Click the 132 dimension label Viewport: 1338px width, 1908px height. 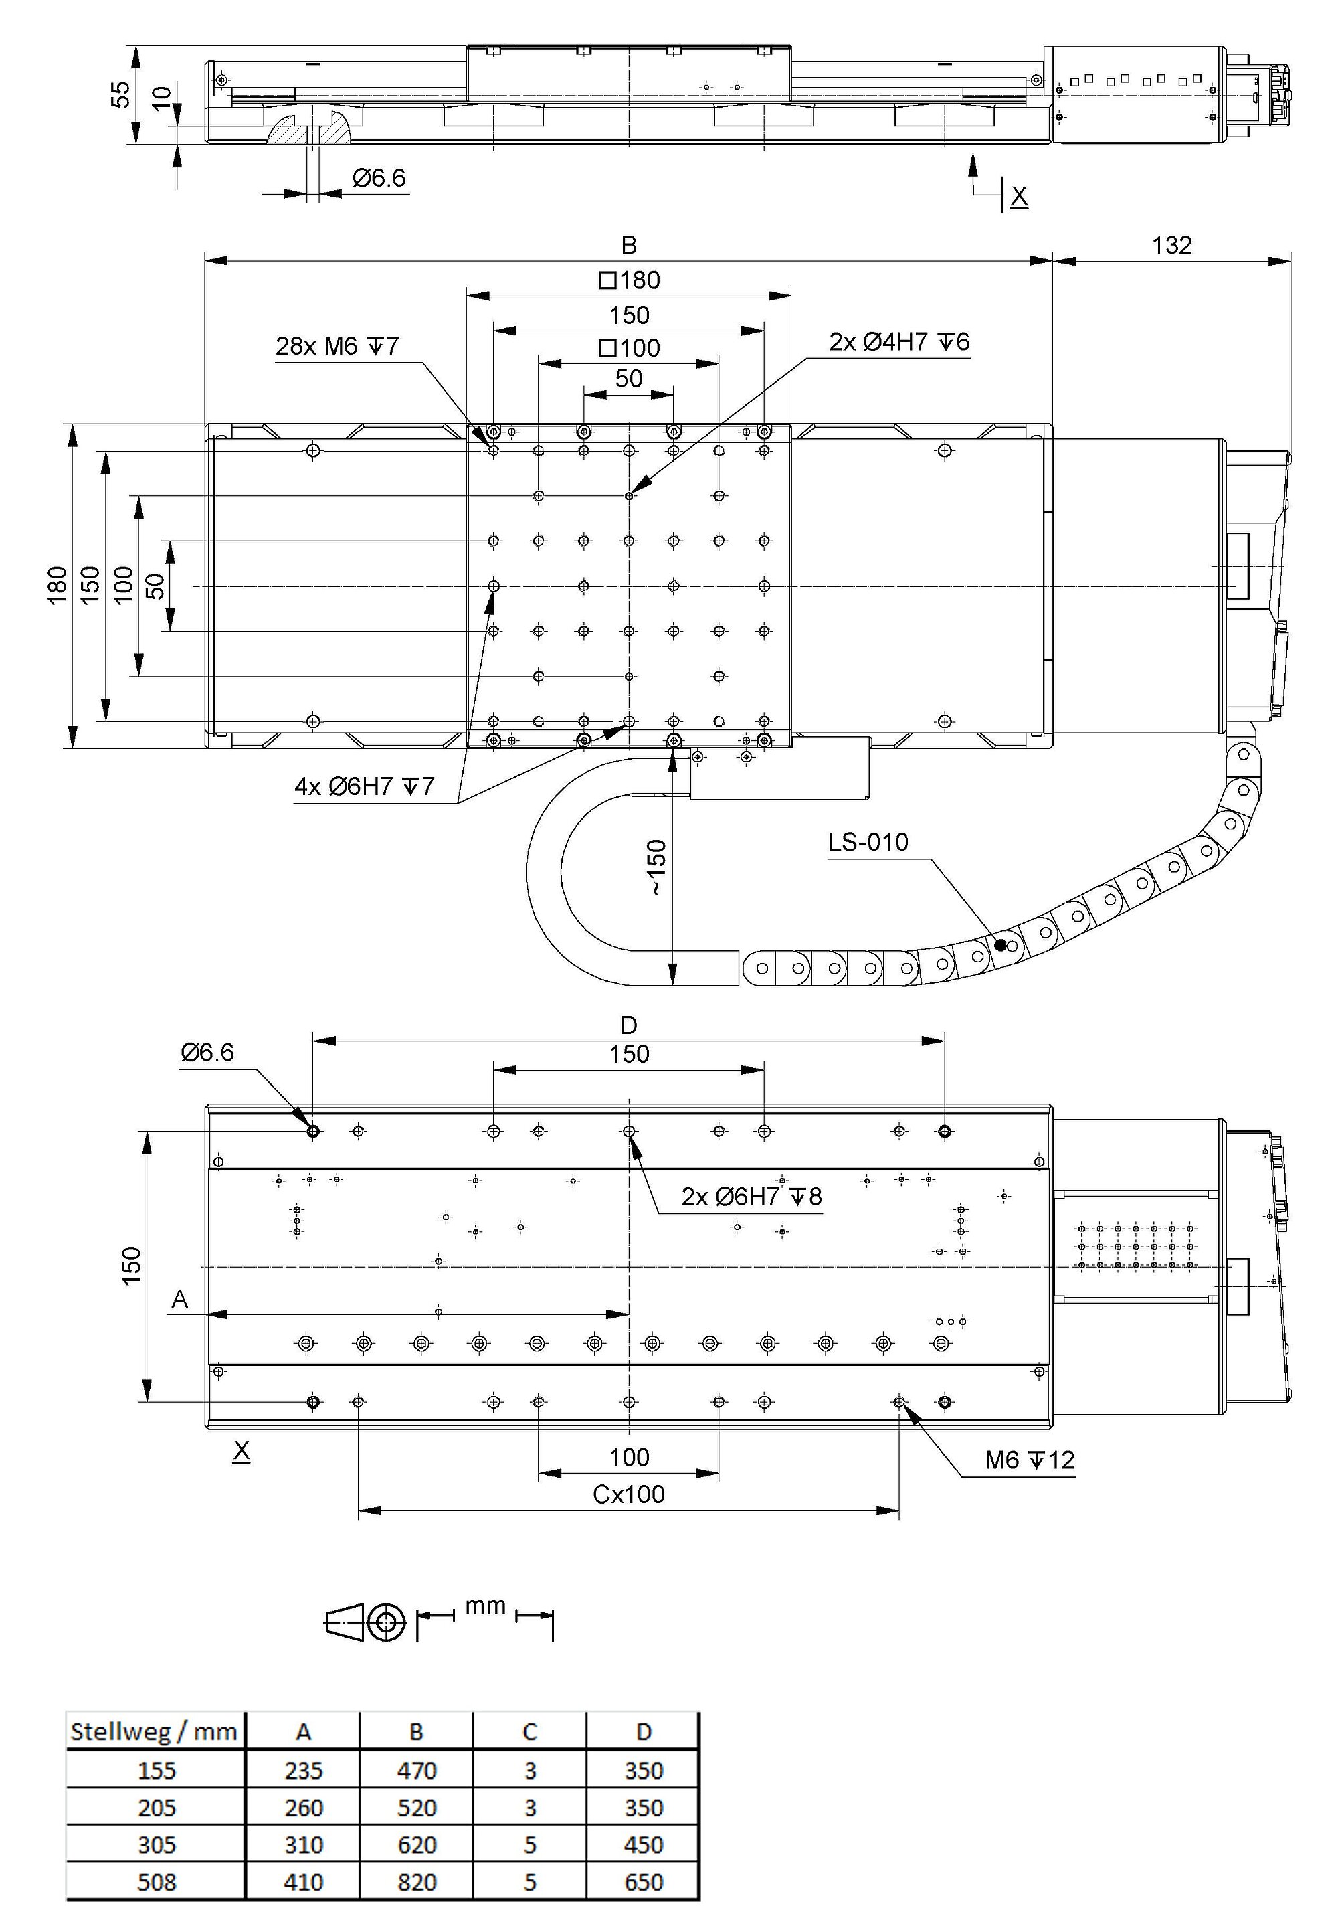[x=1171, y=245]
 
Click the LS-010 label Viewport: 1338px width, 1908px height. [x=868, y=842]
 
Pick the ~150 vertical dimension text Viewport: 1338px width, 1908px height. [x=656, y=867]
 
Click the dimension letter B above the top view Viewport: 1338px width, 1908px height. [x=629, y=245]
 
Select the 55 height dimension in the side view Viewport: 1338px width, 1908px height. [x=121, y=94]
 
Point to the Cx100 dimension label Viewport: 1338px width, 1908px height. [x=629, y=1494]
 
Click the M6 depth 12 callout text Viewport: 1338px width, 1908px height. [x=1030, y=1460]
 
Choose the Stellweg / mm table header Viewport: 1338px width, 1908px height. [x=155, y=1732]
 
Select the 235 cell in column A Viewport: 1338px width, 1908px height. [x=303, y=1771]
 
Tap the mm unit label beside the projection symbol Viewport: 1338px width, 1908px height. [x=485, y=1606]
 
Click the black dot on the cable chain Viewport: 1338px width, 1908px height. [x=1001, y=945]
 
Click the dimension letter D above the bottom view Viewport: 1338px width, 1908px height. [x=629, y=1025]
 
